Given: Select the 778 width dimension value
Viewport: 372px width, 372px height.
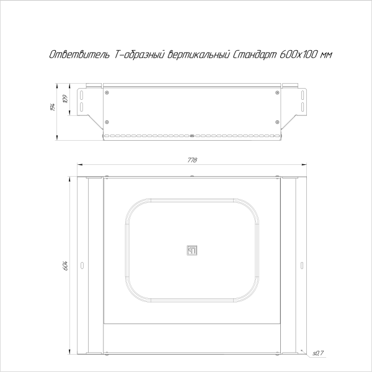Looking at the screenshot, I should tap(192, 161).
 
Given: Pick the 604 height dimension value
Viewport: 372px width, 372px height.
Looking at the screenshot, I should tap(65, 266).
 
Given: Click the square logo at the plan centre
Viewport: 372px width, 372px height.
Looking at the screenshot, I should tap(192, 250).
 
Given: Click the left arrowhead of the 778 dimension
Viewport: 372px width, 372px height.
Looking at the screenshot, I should tap(79, 165).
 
